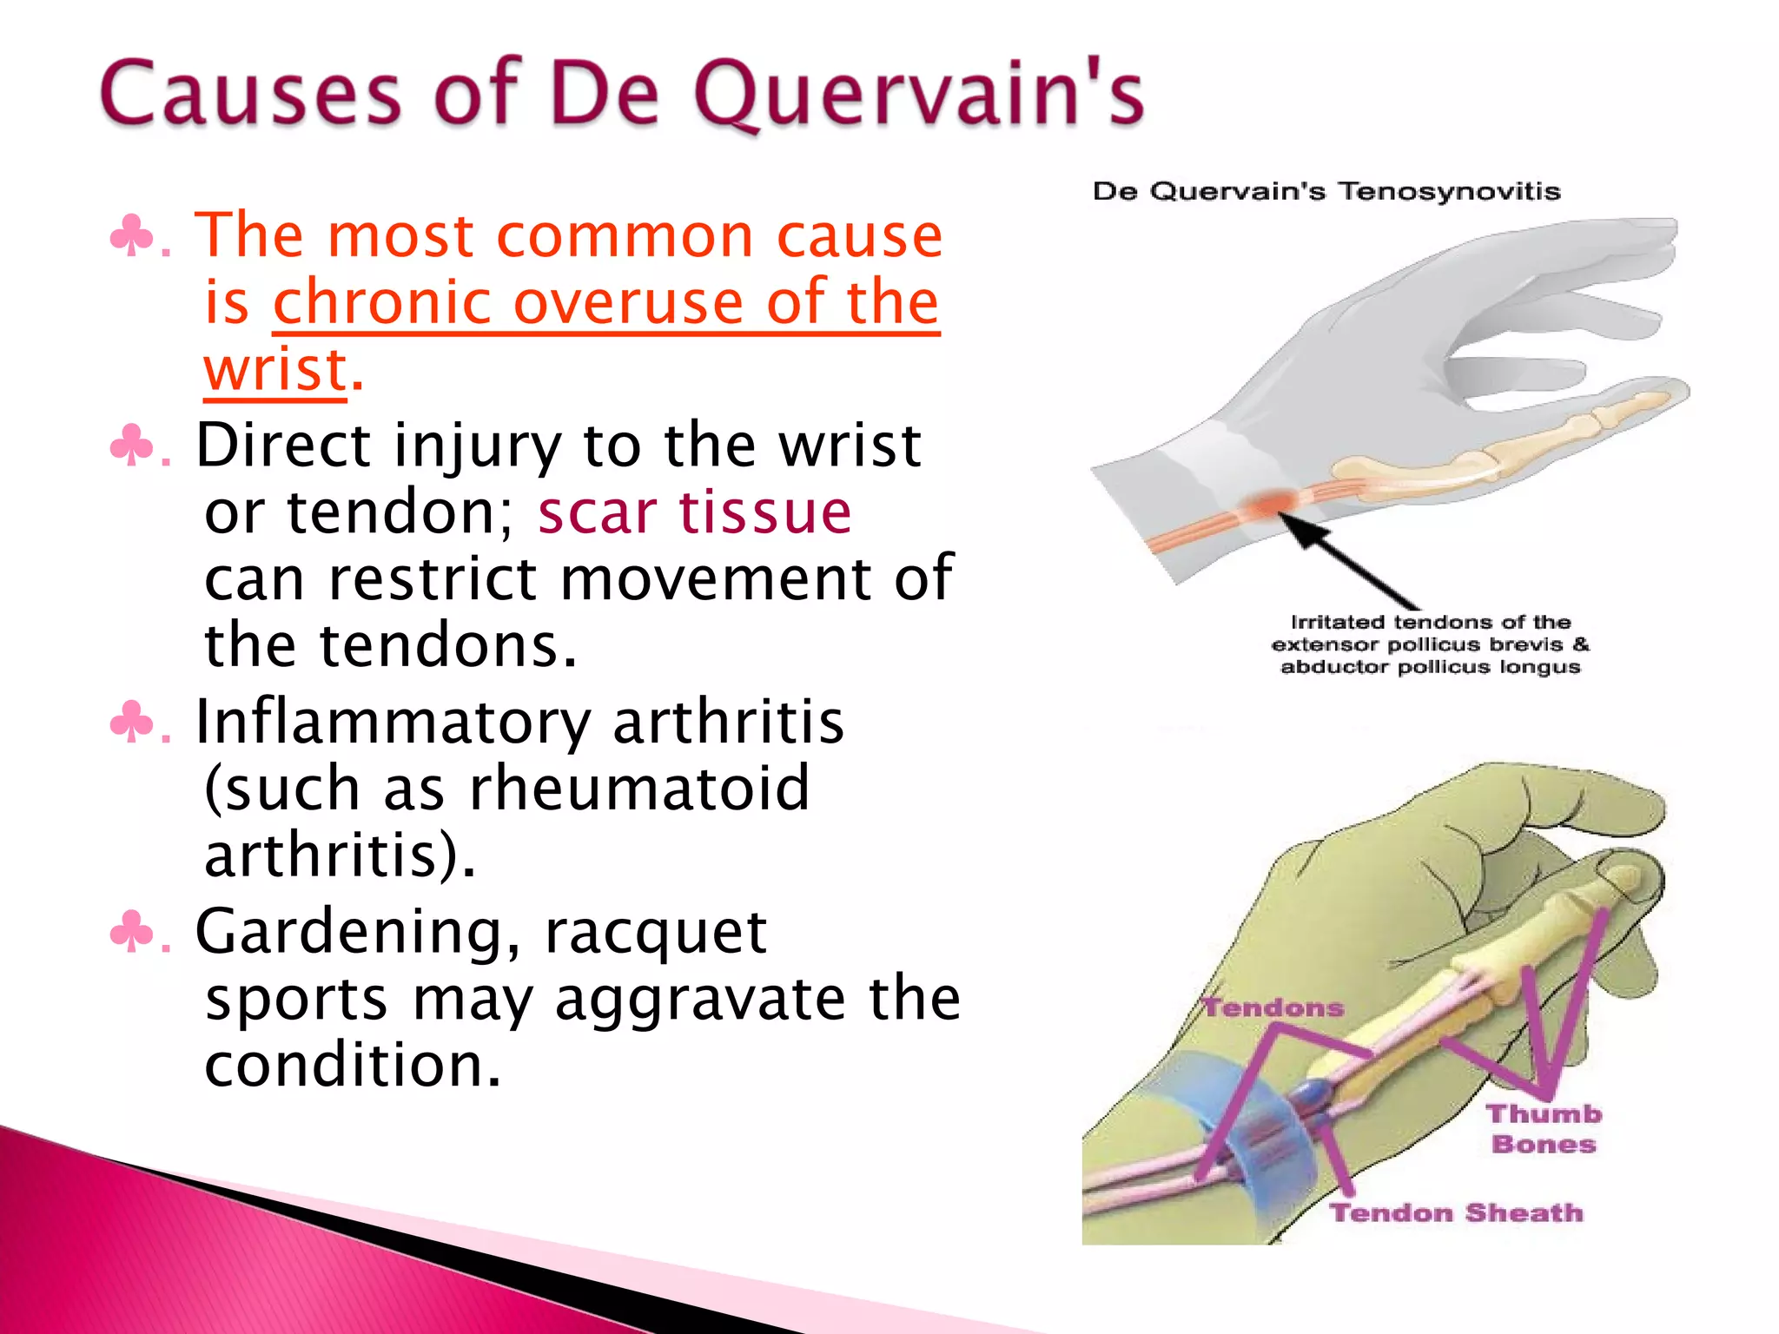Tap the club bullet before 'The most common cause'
(x=131, y=236)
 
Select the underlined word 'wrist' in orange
(x=275, y=369)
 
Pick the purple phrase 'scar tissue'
(x=694, y=512)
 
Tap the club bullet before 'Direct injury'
(x=131, y=446)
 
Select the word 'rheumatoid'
(x=639, y=789)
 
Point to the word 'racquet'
(x=656, y=931)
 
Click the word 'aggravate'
(x=699, y=999)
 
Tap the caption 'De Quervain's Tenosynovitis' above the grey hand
(x=1326, y=191)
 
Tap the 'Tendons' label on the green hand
(x=1273, y=1007)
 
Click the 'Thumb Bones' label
(x=1544, y=1128)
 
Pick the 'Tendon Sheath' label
(x=1457, y=1212)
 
